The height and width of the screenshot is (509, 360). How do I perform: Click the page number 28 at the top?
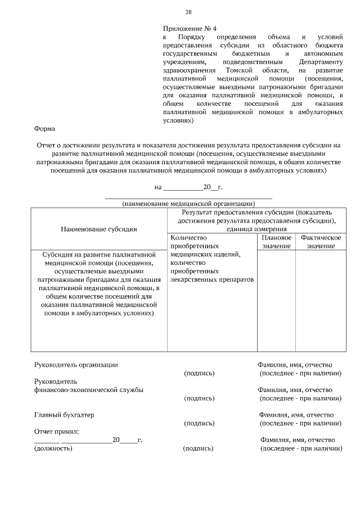tap(188, 12)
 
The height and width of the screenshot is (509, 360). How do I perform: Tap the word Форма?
tap(44, 129)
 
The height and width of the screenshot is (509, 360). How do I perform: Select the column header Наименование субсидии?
tap(98, 229)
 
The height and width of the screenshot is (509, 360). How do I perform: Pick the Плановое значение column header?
tap(276, 242)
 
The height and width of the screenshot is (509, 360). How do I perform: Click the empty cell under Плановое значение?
tap(276, 301)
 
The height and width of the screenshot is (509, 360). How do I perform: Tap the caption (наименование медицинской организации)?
tap(189, 203)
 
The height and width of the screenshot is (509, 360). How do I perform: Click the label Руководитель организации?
tap(76, 364)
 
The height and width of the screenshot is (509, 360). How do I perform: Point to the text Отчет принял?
tap(57, 431)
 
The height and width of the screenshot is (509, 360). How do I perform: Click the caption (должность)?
tap(53, 448)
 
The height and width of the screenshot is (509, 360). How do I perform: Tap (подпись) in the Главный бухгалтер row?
tap(199, 423)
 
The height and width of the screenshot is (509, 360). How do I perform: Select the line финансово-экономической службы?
tap(88, 389)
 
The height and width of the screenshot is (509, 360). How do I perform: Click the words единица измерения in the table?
tap(256, 229)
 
